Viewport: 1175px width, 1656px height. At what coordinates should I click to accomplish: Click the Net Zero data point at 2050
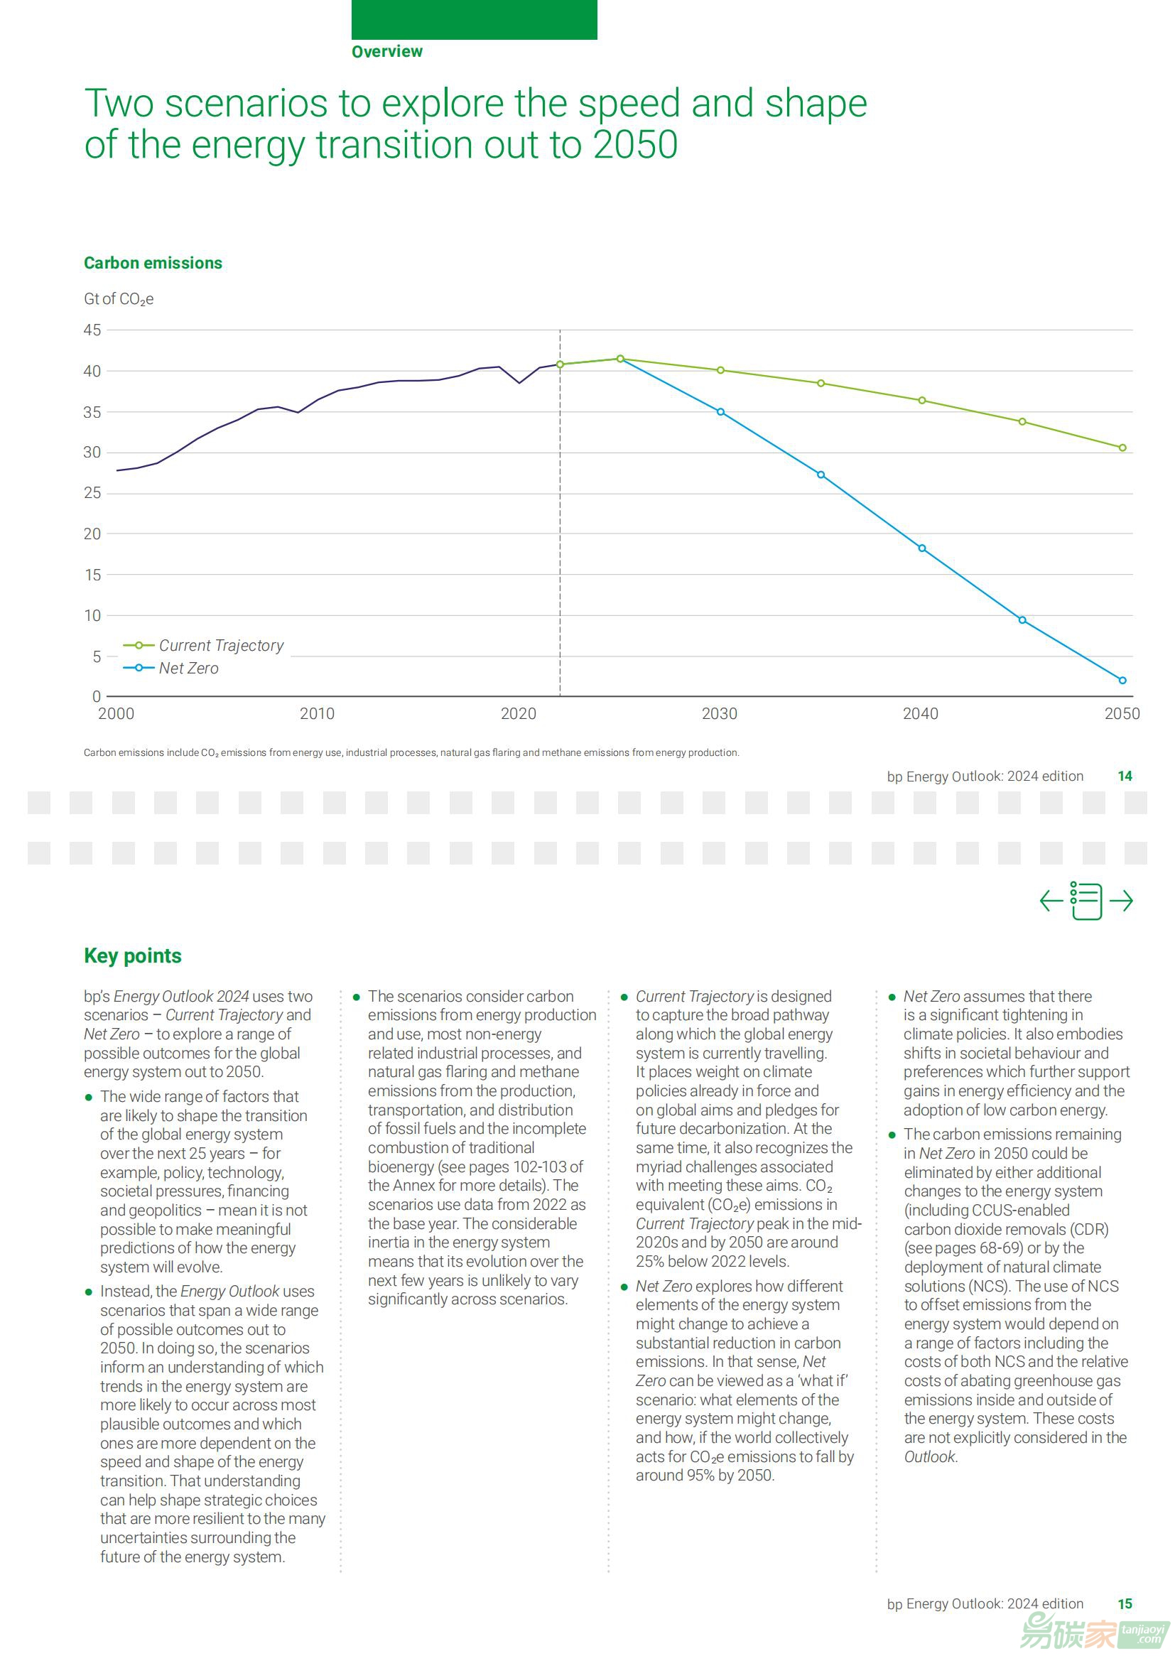coord(1122,681)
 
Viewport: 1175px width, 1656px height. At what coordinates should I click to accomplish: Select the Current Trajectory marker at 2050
coord(1122,448)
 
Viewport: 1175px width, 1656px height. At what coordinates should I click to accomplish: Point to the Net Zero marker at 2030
coord(720,411)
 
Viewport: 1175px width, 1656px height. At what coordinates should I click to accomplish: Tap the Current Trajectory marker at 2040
coord(922,400)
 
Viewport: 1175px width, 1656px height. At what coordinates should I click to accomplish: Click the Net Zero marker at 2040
coord(922,548)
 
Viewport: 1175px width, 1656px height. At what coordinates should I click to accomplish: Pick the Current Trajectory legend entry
coord(203,645)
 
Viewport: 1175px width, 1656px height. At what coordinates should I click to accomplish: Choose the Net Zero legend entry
coord(170,669)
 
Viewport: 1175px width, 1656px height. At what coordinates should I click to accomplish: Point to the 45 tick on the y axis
coord(92,330)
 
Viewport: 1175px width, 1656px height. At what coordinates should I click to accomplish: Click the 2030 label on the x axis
coord(719,714)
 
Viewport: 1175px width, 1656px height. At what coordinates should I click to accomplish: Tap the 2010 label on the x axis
coord(317,714)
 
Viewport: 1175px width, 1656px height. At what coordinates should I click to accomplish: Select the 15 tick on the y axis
coord(92,575)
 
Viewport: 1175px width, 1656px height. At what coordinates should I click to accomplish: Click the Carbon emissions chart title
coord(153,263)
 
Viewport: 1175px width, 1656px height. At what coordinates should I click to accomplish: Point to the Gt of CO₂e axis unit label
coord(119,299)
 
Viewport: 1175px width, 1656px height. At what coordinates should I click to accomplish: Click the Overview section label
coord(387,51)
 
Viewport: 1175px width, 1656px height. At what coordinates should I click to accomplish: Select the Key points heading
coord(132,956)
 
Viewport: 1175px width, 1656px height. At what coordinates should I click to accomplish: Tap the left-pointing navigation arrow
coord(1051,901)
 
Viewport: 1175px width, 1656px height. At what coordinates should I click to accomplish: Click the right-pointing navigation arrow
coord(1121,901)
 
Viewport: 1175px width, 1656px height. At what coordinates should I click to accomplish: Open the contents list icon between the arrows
coord(1086,901)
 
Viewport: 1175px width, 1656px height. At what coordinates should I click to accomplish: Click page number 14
coord(1125,776)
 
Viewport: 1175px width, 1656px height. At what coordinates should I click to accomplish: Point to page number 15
coord(1125,1604)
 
